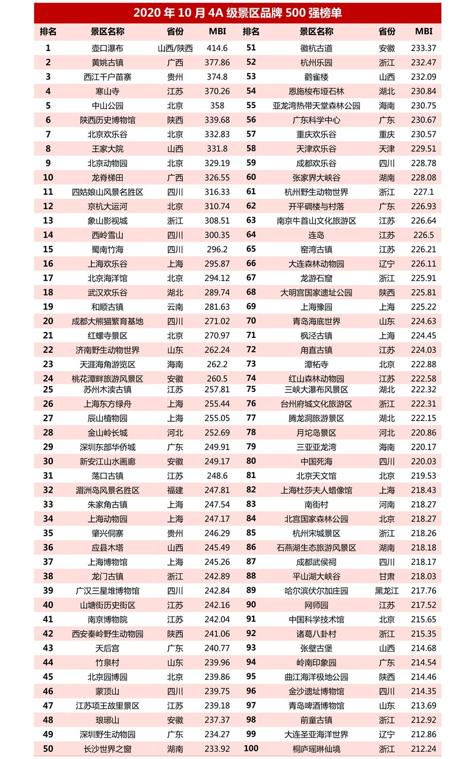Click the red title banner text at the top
pos(237,13)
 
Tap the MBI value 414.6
pos(217,48)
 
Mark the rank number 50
pos(48,748)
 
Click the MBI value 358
pos(217,106)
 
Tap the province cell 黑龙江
pos(387,590)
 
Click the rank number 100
pos(251,748)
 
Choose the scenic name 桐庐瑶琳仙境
pos(319,748)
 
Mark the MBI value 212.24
pos(423,748)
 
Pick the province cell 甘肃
pos(387,576)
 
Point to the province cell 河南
pos(387,504)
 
